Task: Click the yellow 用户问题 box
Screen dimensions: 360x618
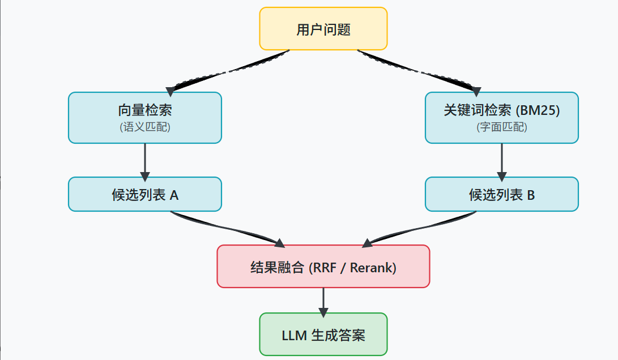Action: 323,29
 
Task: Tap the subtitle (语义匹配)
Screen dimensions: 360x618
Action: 145,127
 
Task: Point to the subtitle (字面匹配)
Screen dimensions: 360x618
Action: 502,127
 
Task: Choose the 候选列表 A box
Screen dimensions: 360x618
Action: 144,195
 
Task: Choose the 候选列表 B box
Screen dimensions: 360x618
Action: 501,195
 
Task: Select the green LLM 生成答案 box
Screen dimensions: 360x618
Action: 323,335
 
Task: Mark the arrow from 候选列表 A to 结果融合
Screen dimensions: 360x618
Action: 227,229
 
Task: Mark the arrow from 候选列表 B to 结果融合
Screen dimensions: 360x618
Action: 419,229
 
